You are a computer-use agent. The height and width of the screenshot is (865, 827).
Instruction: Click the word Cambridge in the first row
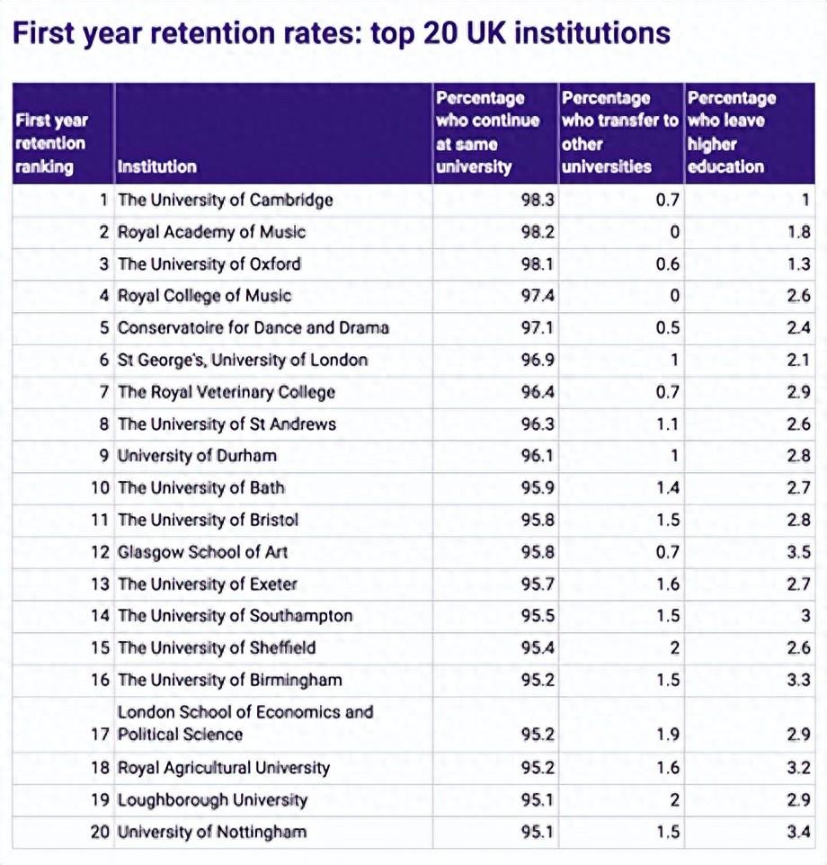pos(289,200)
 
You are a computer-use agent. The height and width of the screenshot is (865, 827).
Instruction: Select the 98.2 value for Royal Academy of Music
pos(538,232)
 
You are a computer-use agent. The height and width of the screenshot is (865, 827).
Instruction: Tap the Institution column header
pos(156,166)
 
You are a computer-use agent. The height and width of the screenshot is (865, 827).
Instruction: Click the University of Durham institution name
pos(197,456)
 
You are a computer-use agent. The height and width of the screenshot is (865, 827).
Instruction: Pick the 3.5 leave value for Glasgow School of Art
pos(798,552)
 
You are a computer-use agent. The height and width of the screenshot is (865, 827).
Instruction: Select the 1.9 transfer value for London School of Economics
pos(667,735)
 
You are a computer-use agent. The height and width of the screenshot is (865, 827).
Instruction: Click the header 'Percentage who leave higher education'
pos(730,132)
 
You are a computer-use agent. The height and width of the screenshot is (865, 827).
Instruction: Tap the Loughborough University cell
pos(212,800)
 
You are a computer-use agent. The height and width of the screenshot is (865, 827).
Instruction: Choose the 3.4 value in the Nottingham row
pos(798,832)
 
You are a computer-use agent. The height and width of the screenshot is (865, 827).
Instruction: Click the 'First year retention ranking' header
pos(51,143)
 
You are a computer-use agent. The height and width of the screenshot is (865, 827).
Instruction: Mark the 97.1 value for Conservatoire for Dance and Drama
pos(538,328)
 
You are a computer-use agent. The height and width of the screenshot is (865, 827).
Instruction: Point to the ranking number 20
pos(100,832)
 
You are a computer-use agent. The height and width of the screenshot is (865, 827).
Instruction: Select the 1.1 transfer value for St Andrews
pos(668,424)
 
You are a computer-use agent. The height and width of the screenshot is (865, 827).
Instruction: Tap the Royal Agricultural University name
pos(224,768)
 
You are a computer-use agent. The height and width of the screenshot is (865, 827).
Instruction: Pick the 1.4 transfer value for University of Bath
pos(668,488)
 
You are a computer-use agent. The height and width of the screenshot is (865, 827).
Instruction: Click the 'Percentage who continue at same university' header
pos(487,132)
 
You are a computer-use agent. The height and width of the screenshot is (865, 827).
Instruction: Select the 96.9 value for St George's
pos(538,361)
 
